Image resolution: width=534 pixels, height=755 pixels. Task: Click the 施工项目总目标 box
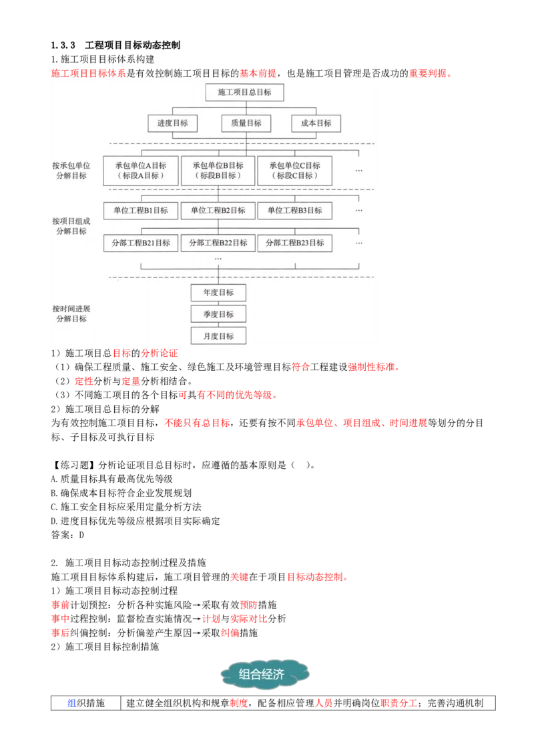[x=244, y=92]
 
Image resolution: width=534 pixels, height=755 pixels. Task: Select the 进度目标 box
[x=172, y=123]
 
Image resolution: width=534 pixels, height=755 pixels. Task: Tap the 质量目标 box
[x=246, y=123]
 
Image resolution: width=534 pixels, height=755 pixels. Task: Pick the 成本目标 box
[x=316, y=123]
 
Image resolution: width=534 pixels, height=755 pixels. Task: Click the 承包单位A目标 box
[x=141, y=171]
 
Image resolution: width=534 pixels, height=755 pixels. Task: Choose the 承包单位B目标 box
[x=218, y=171]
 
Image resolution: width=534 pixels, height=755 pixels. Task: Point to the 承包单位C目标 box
[x=294, y=171]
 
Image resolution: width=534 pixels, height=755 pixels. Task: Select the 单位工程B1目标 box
[x=141, y=210]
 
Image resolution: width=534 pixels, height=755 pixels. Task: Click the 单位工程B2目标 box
[x=218, y=210]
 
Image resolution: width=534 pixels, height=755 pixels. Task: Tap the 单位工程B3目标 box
[x=294, y=210]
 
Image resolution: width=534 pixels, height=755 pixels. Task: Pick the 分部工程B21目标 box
[x=141, y=243]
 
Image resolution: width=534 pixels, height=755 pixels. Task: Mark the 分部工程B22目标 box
[x=218, y=243]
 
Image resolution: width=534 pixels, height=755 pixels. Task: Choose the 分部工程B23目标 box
[x=294, y=243]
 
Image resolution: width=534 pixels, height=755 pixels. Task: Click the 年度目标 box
[x=218, y=293]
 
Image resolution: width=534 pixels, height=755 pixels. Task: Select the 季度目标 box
[x=218, y=314]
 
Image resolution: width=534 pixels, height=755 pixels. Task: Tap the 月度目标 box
[x=218, y=335]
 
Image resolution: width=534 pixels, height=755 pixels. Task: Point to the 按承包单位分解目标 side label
[x=71, y=170]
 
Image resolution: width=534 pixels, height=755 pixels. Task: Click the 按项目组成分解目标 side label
[x=71, y=226]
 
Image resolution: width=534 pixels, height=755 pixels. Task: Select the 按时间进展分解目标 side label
[x=71, y=313]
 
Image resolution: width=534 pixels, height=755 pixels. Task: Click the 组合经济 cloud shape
[x=264, y=674]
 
